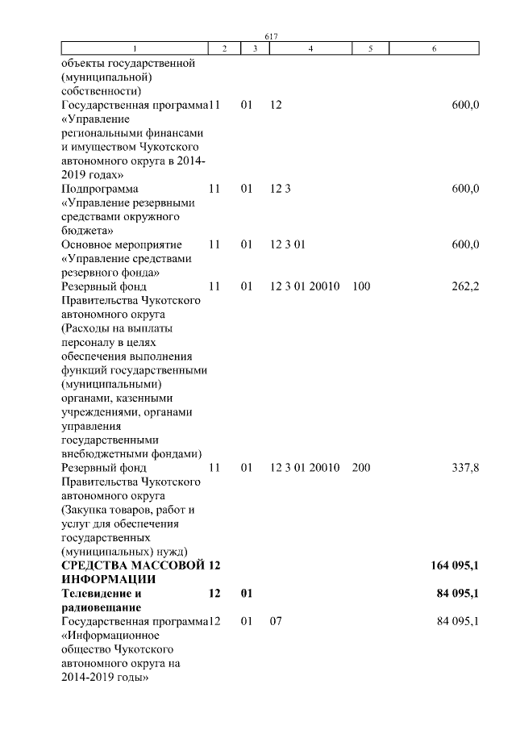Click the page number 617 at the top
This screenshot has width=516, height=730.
click(x=271, y=36)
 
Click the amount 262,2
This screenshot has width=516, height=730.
click(x=465, y=286)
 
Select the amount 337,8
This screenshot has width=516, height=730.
click(x=465, y=468)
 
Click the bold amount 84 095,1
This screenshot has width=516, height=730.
click(x=459, y=594)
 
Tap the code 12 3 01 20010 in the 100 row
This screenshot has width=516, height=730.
click(x=306, y=286)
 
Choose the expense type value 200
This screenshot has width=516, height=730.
click(x=361, y=468)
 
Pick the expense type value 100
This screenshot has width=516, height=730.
click(x=361, y=286)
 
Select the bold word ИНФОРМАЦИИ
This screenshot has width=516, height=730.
click(x=107, y=579)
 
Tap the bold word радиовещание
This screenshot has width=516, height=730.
click(x=102, y=607)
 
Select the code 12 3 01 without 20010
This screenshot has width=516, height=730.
click(x=288, y=244)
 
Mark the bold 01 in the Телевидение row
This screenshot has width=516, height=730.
click(x=247, y=594)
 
